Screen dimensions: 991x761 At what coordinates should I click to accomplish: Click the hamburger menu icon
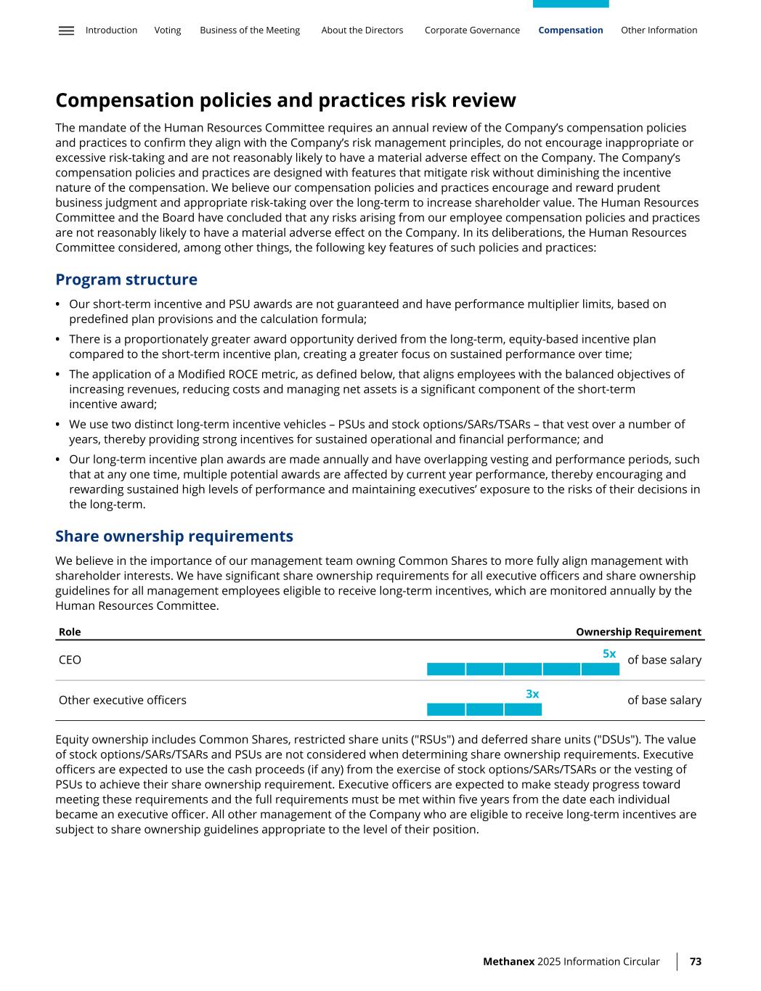(66, 30)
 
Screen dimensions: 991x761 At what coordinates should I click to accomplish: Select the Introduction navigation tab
(111, 30)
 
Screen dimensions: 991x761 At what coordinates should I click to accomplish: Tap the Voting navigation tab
(168, 30)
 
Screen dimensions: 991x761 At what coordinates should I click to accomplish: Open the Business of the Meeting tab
(250, 30)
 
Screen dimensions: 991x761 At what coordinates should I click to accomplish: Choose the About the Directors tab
(362, 30)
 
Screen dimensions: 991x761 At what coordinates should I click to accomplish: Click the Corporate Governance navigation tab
(472, 30)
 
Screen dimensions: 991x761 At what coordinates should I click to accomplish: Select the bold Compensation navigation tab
(571, 30)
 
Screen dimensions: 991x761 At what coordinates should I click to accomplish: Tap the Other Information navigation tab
(659, 30)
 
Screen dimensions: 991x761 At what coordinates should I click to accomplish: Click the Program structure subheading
(126, 280)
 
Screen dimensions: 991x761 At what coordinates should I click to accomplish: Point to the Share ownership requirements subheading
(174, 537)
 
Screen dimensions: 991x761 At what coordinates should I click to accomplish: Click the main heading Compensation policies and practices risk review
(285, 100)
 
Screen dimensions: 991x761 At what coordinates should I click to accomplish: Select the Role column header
(70, 632)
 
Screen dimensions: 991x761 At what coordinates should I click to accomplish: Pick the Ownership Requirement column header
(638, 632)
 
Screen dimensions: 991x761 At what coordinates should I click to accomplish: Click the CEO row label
(70, 660)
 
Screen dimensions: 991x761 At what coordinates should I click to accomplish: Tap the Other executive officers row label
(122, 700)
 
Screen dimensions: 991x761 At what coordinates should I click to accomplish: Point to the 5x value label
(609, 654)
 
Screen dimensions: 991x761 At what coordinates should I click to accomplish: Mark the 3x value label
(532, 694)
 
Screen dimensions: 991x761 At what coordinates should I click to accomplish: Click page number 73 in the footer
(695, 961)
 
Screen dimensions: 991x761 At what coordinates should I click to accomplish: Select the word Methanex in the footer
(508, 961)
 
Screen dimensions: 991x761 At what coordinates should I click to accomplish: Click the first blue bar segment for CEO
(446, 669)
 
